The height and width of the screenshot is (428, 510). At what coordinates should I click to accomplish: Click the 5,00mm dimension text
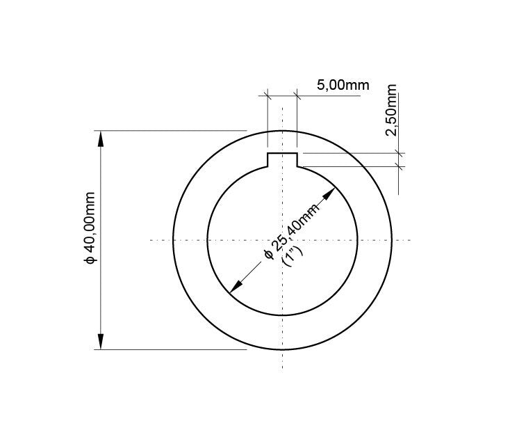[343, 86]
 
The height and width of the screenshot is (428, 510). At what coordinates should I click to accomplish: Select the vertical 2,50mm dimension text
[390, 111]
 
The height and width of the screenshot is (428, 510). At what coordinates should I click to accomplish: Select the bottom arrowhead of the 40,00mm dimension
[101, 342]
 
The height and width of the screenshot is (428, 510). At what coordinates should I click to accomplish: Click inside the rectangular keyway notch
[282, 159]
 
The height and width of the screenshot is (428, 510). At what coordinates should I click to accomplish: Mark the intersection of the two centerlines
[282, 240]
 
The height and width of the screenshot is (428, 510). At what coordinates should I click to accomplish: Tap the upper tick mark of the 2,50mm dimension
[399, 153]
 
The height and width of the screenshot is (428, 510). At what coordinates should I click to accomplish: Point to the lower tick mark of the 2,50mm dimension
[399, 166]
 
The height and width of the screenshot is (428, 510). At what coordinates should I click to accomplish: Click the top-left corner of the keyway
[268, 153]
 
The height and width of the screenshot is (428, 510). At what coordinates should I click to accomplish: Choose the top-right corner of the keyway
[297, 153]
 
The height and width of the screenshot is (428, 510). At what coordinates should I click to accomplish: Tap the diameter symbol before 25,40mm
[268, 255]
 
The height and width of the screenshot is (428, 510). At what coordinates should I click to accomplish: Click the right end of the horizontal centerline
[411, 240]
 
